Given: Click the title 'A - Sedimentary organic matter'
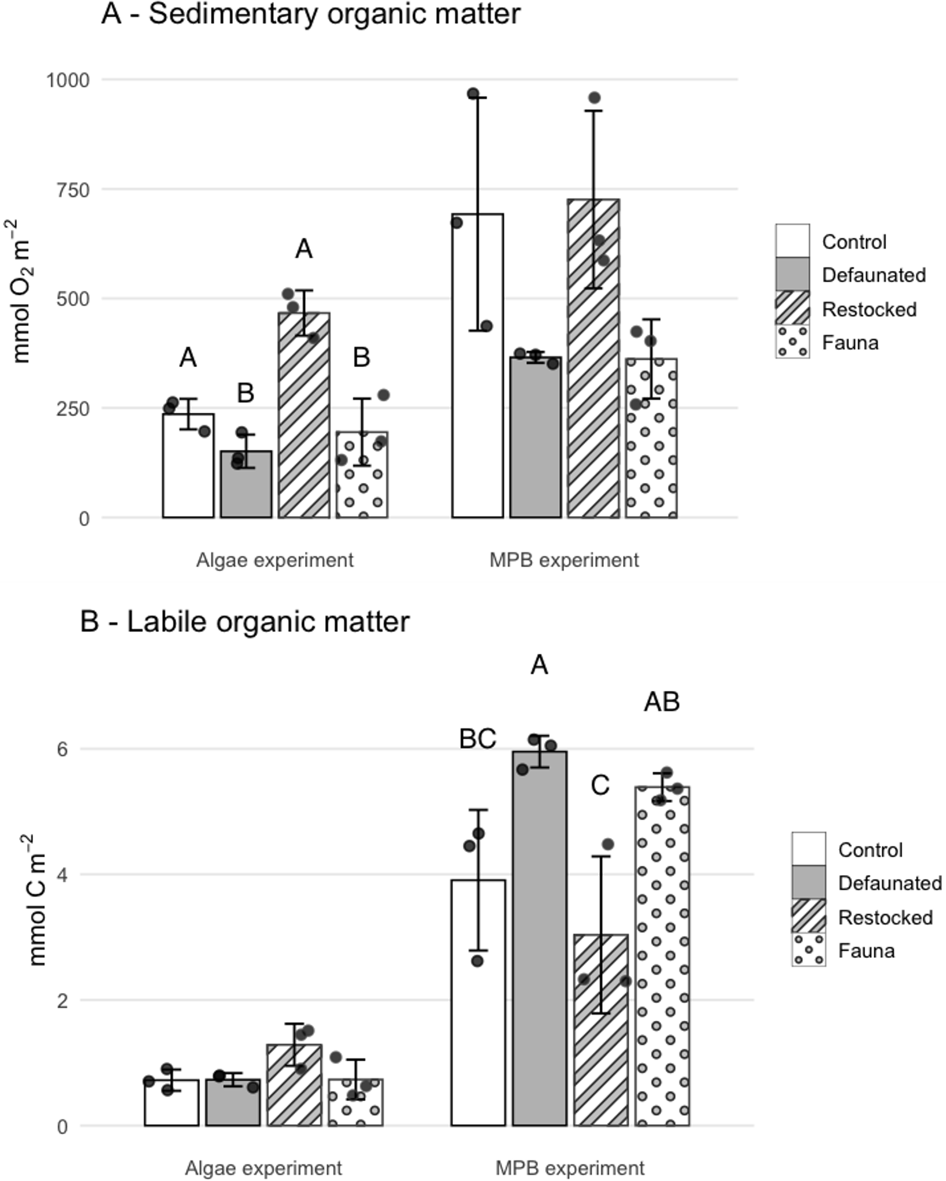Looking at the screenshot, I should [x=311, y=14].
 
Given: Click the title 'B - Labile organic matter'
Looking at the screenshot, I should [x=245, y=622].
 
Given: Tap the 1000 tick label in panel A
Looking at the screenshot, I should [x=68, y=80].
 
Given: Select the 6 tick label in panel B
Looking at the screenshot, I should [x=62, y=749].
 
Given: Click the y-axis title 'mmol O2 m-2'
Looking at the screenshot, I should [x=22, y=291].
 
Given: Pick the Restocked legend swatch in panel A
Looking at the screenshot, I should [x=792, y=308].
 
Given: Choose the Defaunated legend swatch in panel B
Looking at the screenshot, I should [x=808, y=882].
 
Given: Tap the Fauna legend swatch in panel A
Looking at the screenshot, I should [x=792, y=342].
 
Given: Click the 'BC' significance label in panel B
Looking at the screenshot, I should [x=477, y=739].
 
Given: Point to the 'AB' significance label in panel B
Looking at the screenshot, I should [x=662, y=702].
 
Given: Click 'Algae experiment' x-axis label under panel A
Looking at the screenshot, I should [x=274, y=560].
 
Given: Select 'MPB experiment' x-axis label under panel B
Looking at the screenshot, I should [x=570, y=1168].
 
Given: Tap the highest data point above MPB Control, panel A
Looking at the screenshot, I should [x=473, y=94].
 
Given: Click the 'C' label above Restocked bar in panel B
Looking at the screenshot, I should [x=600, y=786].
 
